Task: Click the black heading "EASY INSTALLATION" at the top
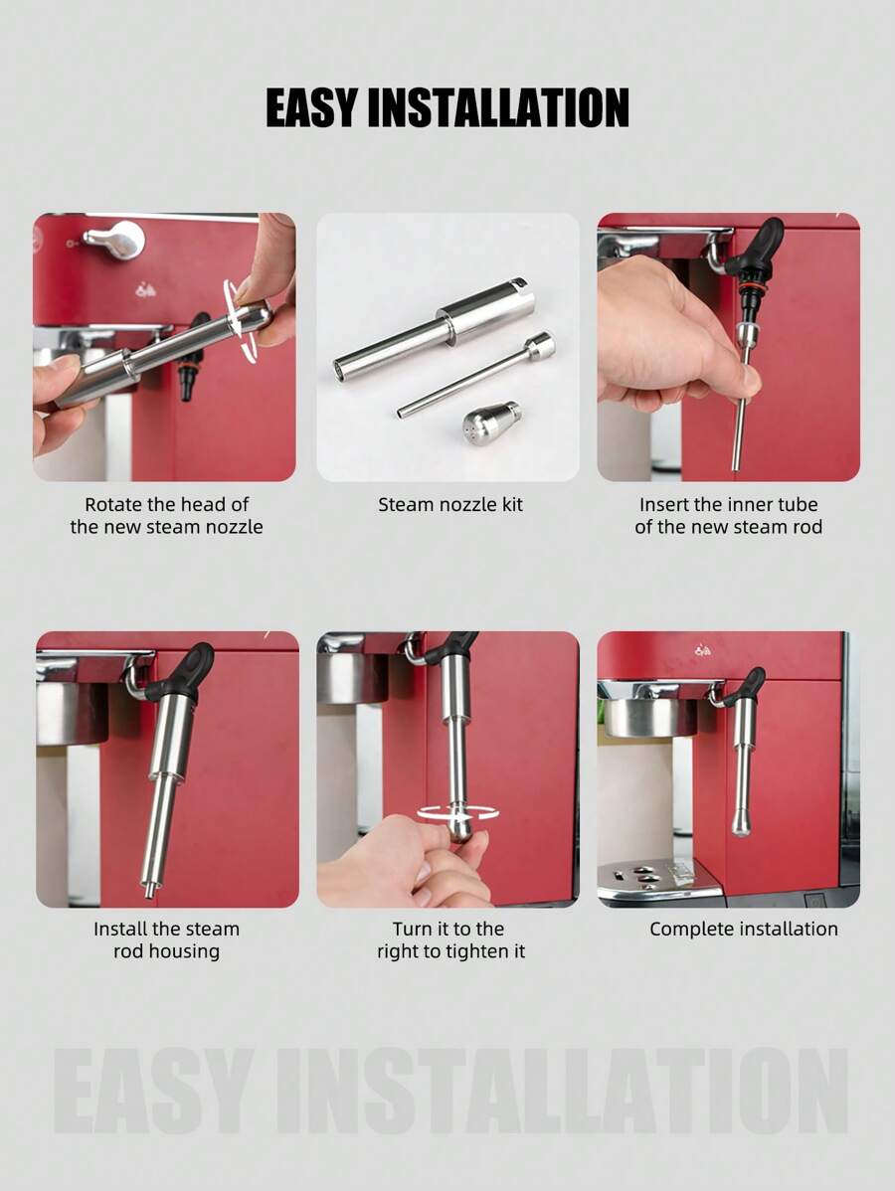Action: click(447, 107)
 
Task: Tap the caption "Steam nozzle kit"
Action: click(450, 504)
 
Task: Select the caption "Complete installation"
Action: click(744, 929)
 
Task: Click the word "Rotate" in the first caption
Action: click(113, 504)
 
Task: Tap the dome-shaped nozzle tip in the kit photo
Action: click(491, 423)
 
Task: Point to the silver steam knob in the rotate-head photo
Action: click(115, 240)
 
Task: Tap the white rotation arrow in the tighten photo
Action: click(457, 813)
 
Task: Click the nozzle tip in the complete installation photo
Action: click(742, 823)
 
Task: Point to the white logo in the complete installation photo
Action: click(703, 650)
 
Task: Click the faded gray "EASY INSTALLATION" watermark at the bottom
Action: click(449, 1091)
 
